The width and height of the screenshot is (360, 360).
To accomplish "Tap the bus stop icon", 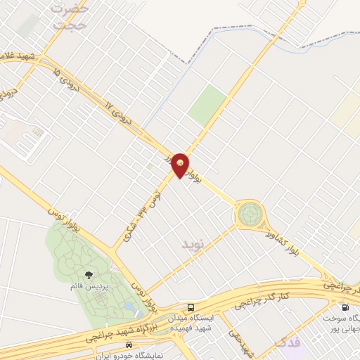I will [191, 307].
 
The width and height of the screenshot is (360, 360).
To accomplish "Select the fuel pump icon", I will [345, 307].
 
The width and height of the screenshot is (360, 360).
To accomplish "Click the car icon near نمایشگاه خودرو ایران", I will [129, 345].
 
